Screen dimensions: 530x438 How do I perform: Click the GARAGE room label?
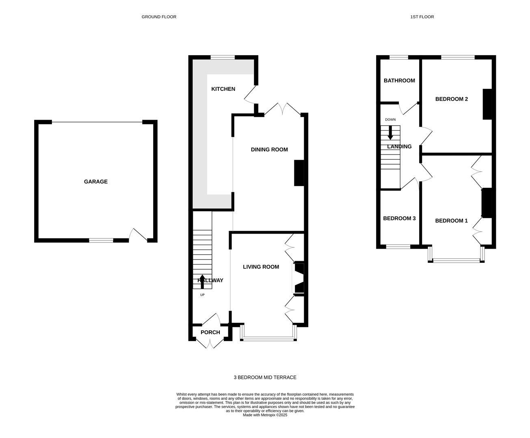pyautogui.click(x=96, y=182)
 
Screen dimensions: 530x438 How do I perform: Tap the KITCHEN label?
pyautogui.click(x=223, y=89)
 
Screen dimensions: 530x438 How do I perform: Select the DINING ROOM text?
pyautogui.click(x=269, y=150)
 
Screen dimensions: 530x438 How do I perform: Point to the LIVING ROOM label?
pyautogui.click(x=261, y=267)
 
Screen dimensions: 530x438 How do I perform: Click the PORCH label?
pyautogui.click(x=210, y=332)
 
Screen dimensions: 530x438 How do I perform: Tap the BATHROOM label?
pyautogui.click(x=399, y=81)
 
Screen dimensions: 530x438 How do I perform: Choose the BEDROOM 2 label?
pyautogui.click(x=452, y=99)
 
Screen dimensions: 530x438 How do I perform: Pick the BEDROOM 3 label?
pyautogui.click(x=399, y=218)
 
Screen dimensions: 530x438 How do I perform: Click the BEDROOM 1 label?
pyautogui.click(x=451, y=221)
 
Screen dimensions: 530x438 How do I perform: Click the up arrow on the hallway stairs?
pyautogui.click(x=202, y=281)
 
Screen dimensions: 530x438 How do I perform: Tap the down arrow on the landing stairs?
pyautogui.click(x=390, y=133)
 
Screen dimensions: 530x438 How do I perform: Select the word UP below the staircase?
pyautogui.click(x=202, y=295)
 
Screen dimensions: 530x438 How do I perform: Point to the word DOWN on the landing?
pyautogui.click(x=390, y=120)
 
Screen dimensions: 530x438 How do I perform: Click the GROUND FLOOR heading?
pyautogui.click(x=159, y=17)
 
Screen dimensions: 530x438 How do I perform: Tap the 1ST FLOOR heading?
pyautogui.click(x=422, y=17)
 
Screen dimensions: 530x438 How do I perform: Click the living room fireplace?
pyautogui.click(x=299, y=278)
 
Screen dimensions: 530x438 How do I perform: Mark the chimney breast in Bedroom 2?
pyautogui.click(x=487, y=104)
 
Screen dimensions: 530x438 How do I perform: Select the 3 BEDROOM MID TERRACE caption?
pyautogui.click(x=265, y=378)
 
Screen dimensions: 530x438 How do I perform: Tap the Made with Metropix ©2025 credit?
pyautogui.click(x=265, y=415)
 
